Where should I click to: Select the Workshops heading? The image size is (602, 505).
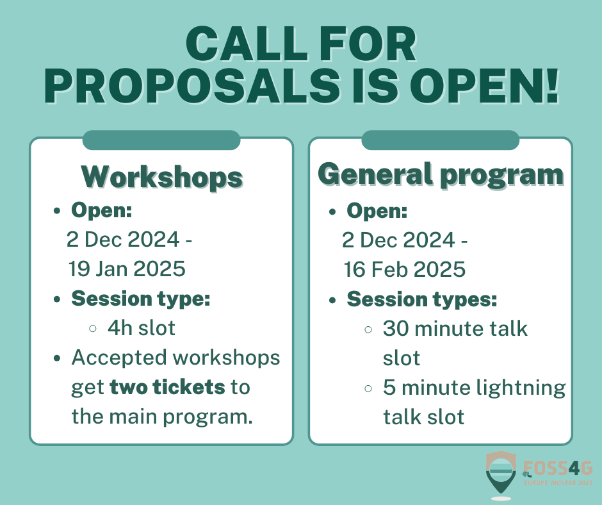pos(161,177)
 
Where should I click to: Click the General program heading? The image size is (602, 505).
pos(441,174)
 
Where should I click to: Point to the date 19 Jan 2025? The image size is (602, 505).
pos(127,269)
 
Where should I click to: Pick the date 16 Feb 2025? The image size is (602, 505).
pos(404,269)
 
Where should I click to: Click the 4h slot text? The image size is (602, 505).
pos(141,328)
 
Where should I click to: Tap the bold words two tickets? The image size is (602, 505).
pos(167,387)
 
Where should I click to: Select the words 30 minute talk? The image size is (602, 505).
pos(455,329)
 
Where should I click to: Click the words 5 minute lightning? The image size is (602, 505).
pos(474,387)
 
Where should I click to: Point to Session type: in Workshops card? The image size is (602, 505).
pos(140,299)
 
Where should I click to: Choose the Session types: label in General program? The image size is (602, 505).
pos(421,299)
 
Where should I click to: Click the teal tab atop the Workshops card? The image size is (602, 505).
pos(161,140)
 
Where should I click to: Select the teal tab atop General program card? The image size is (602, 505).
pos(440,140)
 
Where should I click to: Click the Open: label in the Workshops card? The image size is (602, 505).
pos(101,210)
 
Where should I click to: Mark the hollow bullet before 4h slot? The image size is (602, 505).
pos(94,329)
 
